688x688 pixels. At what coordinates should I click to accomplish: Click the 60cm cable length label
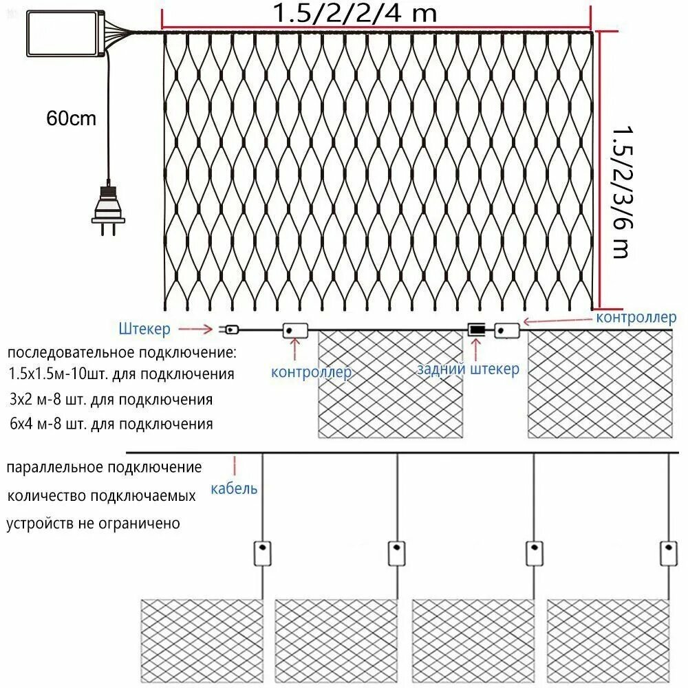point(71,118)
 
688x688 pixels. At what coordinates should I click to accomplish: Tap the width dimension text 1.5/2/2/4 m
point(354,13)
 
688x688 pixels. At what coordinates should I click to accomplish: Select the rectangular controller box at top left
point(65,34)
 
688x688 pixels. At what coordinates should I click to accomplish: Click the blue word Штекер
point(144,329)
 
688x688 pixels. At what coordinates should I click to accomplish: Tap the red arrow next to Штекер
point(195,329)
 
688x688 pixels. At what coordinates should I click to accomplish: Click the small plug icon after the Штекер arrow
point(229,329)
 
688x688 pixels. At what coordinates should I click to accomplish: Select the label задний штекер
point(468,369)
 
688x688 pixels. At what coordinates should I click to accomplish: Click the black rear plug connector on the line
point(477,329)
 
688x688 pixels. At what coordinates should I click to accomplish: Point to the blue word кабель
point(234,488)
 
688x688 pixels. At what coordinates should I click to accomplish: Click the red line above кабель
point(235,466)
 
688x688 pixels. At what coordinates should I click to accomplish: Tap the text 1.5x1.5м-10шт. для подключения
point(121,374)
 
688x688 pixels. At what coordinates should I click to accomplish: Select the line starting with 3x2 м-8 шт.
point(111,400)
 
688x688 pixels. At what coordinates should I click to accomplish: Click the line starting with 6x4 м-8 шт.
point(111,424)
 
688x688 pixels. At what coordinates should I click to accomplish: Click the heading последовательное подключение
point(122,353)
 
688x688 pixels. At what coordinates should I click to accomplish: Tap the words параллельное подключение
point(105,467)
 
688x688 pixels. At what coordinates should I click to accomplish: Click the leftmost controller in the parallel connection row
point(262,553)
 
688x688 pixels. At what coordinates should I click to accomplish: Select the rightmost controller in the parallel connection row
point(668,553)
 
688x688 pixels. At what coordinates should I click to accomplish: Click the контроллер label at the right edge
point(636,317)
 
